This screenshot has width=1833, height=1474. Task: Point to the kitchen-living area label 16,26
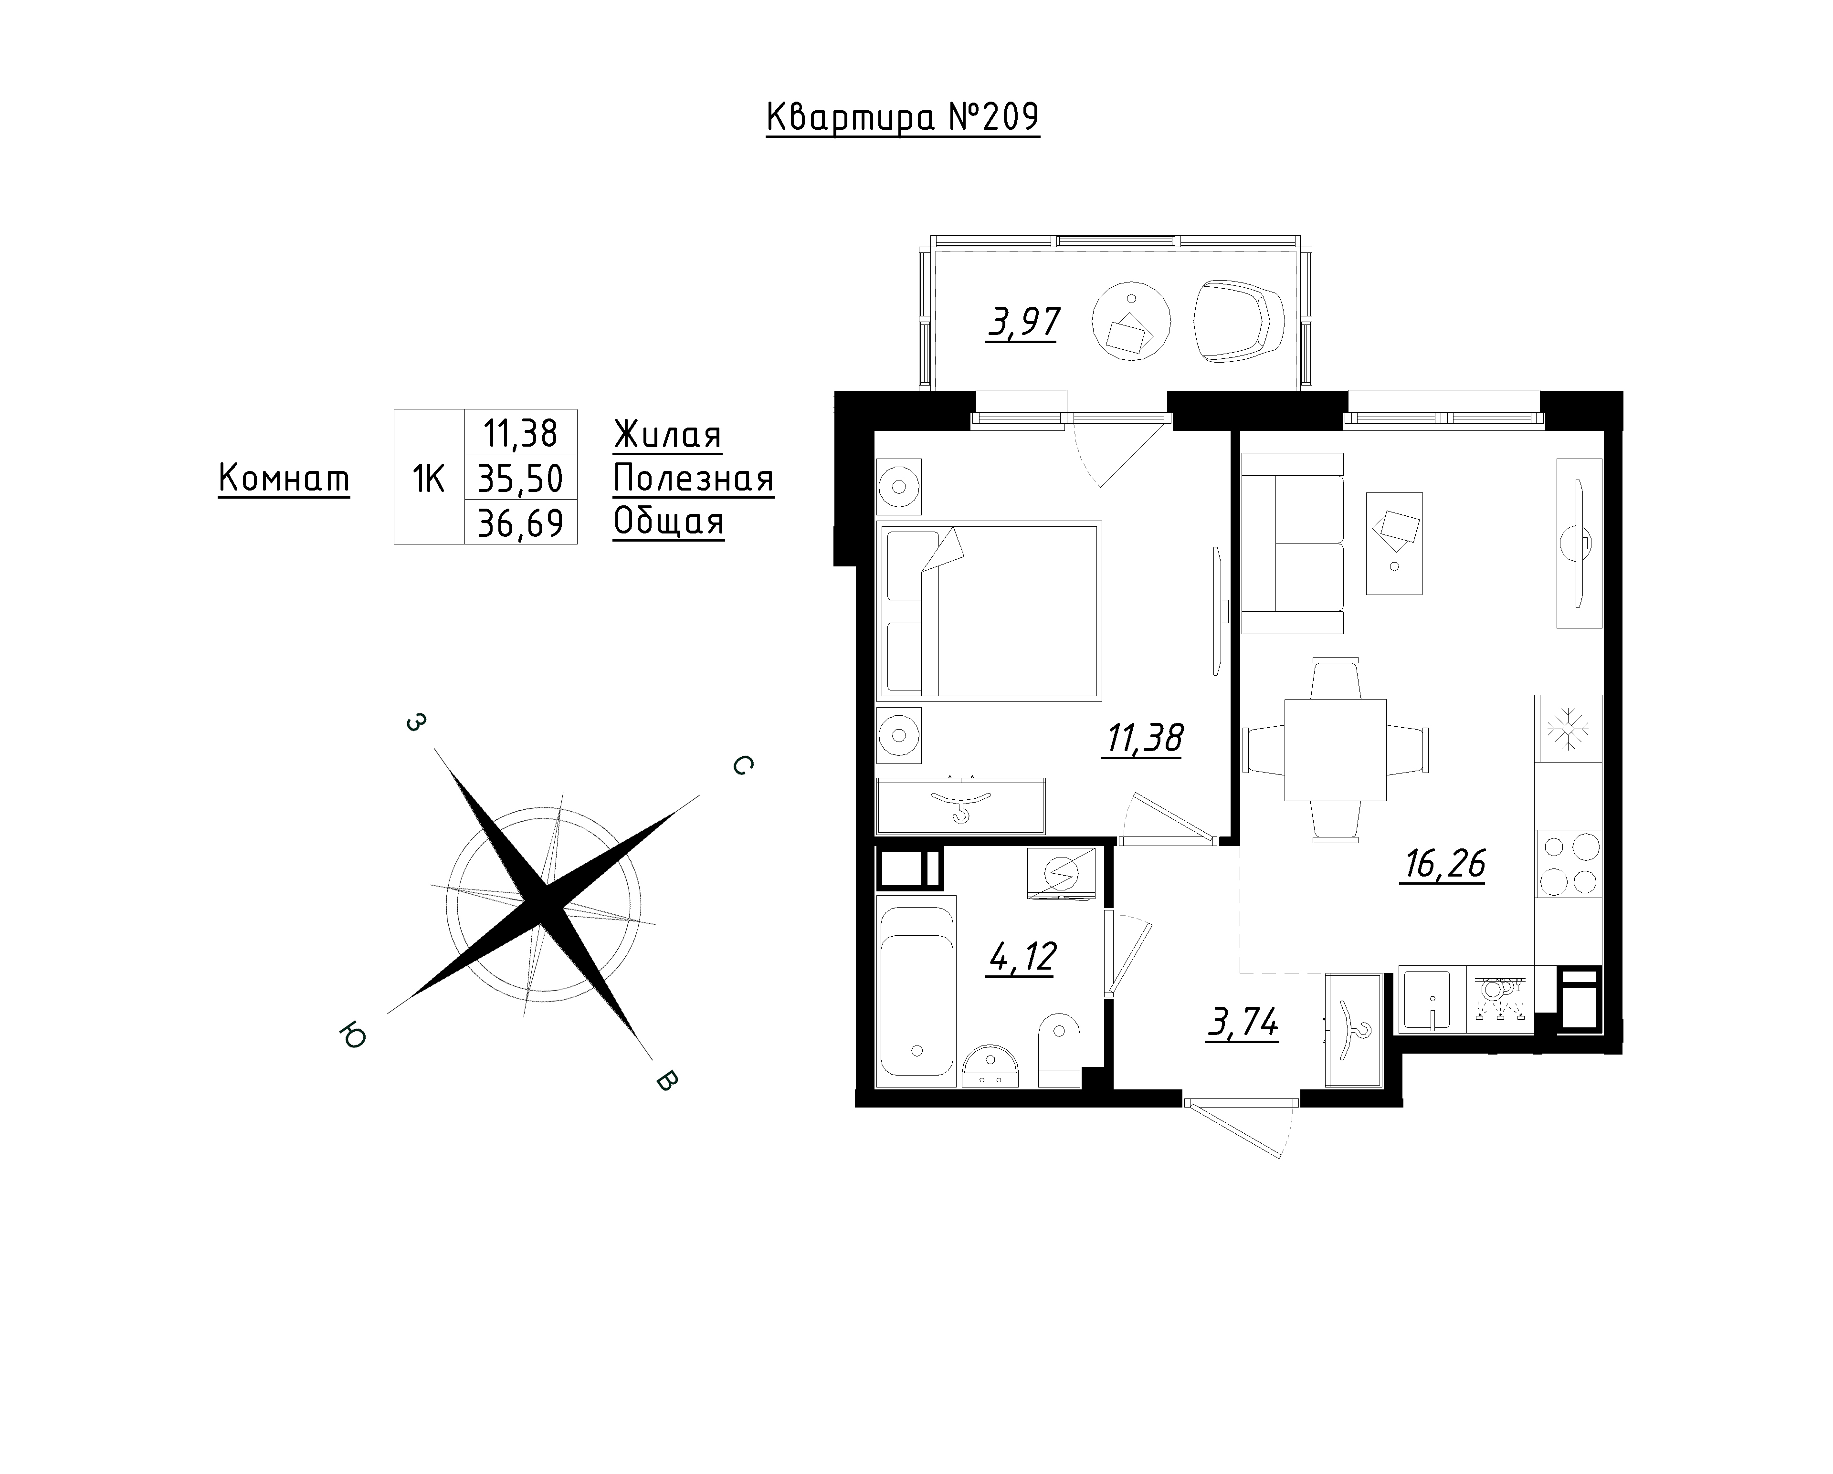click(1443, 865)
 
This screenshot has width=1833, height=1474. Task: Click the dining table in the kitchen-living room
click(1335, 750)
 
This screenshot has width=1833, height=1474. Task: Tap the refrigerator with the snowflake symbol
click(1568, 729)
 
